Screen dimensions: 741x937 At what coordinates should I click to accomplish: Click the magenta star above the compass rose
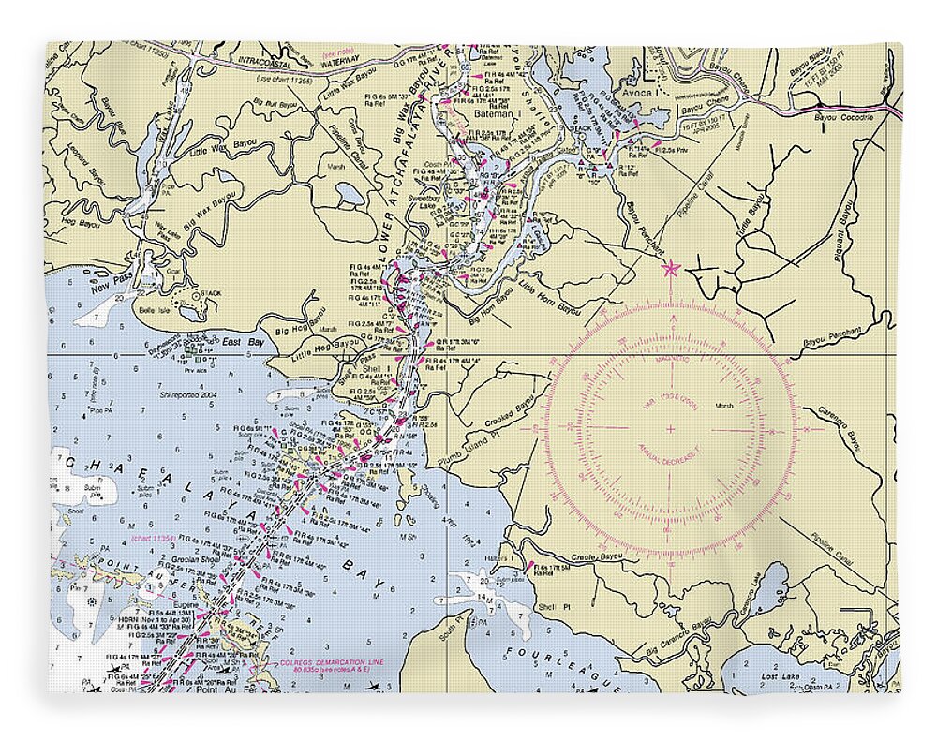coord(670,270)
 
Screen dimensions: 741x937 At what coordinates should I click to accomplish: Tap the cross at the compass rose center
coord(670,429)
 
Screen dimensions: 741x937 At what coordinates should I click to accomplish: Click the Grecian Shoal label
coord(195,559)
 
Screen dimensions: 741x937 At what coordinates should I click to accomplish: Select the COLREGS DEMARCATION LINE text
coord(319,663)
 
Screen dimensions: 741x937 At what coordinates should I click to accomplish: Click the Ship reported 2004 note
coord(194,394)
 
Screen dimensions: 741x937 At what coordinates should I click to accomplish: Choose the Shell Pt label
coord(546,606)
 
